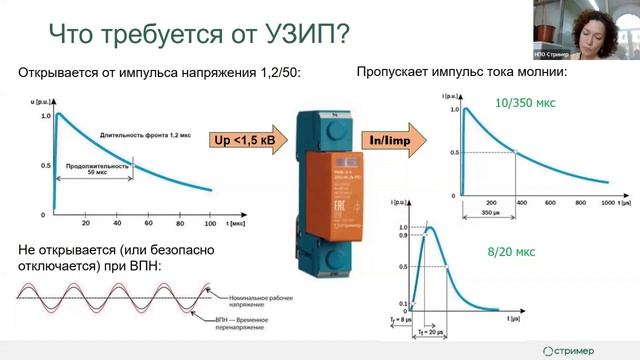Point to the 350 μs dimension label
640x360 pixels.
(x=487, y=214)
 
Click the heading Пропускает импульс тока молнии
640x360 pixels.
(x=462, y=73)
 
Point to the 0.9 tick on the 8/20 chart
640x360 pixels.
(x=403, y=237)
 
